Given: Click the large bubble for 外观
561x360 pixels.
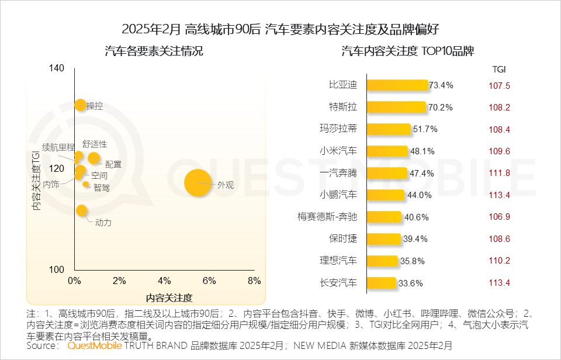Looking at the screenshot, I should coord(198,183).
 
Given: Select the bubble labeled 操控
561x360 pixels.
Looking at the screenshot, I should coord(81,105).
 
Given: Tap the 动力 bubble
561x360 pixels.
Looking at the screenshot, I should coord(82,210).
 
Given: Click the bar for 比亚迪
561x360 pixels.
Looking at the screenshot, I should coord(397,85).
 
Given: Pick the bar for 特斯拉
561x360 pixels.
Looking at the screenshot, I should coord(396,108).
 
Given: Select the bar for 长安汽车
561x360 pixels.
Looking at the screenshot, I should coord(382,283).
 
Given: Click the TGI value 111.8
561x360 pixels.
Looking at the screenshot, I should coord(499,173).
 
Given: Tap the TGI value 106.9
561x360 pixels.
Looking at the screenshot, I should coord(499,217).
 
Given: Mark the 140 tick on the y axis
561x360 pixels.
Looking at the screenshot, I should coord(57,68).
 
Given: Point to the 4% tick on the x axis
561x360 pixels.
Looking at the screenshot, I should coord(164,281).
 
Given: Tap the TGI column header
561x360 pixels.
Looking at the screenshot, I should coord(498,69).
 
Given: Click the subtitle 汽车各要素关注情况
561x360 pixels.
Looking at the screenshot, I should coord(154,51).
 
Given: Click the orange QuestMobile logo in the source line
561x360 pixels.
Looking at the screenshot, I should coord(95,345).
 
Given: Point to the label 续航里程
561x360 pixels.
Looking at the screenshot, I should coord(58,147).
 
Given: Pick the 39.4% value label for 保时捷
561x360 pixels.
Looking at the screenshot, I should coord(416,239).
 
